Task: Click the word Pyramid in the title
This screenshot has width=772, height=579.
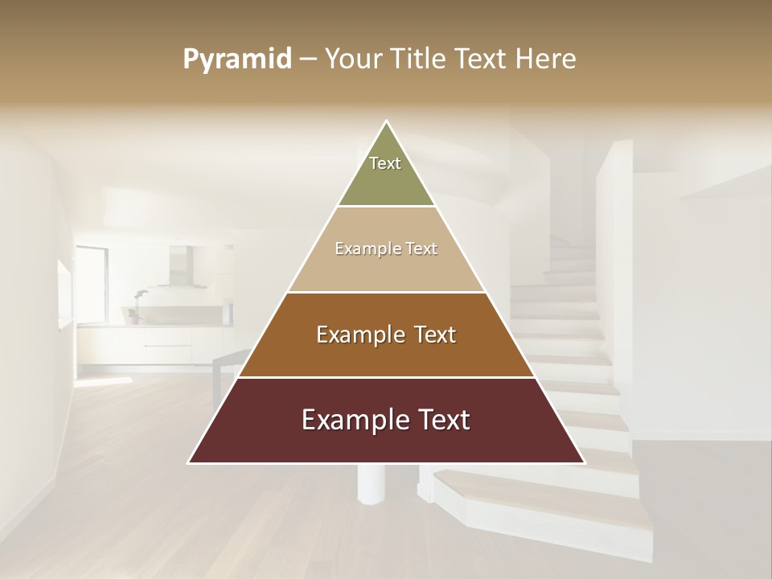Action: (237, 60)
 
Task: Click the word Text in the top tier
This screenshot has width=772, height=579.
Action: (385, 163)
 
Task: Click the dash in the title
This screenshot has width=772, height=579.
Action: (308, 60)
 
